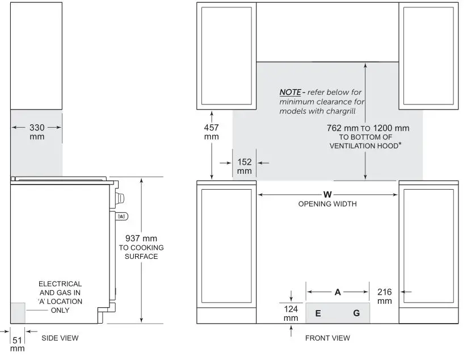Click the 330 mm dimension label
pos(37,132)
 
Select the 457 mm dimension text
pos(212,132)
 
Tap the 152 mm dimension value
pos(245,166)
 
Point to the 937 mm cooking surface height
pos(141,238)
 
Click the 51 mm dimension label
pos(18,344)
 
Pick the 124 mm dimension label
pos(291,313)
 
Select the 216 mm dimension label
pos(384,296)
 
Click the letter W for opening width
pos(327,195)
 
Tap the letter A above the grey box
pos(338,292)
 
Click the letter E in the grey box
pos(318,313)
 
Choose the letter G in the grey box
pos(356,313)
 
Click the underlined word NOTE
pos(290,92)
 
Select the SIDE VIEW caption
pos(60,338)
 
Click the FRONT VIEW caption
pos(327,338)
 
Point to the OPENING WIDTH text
pos(327,204)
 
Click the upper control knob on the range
pos(120,198)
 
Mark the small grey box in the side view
pos(18,313)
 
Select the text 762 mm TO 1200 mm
pos(368,128)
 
